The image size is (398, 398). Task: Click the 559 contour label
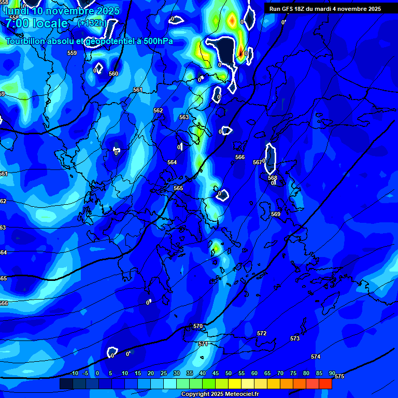point(72,53)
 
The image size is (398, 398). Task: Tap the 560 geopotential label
point(113,74)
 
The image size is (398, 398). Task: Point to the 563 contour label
point(184,117)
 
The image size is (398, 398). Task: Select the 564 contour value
point(172,162)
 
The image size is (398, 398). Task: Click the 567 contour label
point(258,162)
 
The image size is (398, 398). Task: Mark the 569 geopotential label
point(276,214)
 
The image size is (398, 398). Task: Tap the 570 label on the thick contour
point(198,326)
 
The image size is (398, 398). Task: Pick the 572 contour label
point(262,333)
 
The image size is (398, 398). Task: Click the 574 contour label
point(316,357)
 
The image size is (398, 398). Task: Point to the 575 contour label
point(339,376)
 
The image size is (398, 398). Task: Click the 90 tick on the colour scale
point(332,374)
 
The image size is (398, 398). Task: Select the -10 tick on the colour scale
point(74,374)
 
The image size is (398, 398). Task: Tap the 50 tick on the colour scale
point(229,374)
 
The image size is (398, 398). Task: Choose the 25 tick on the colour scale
point(164,374)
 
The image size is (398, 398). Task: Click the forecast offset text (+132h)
point(92,23)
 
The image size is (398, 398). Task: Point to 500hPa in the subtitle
point(157,41)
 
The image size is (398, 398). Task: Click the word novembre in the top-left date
point(70,11)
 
